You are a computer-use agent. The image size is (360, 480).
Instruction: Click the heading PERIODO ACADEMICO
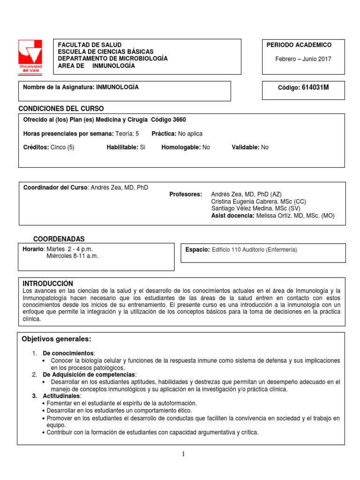(299, 45)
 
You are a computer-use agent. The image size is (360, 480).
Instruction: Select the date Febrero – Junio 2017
(303, 59)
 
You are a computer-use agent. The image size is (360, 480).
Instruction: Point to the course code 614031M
(315, 88)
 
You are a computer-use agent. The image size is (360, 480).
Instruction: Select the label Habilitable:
(122, 147)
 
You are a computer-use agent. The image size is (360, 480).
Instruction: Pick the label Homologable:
(181, 147)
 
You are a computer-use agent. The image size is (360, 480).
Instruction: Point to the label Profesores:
(186, 194)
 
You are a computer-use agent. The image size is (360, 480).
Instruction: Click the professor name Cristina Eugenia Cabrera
(244, 202)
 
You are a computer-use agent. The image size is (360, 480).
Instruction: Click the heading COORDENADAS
(59, 239)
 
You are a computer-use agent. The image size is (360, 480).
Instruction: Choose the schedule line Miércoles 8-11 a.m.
(73, 256)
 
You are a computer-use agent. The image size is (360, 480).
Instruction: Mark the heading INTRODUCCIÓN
(48, 284)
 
